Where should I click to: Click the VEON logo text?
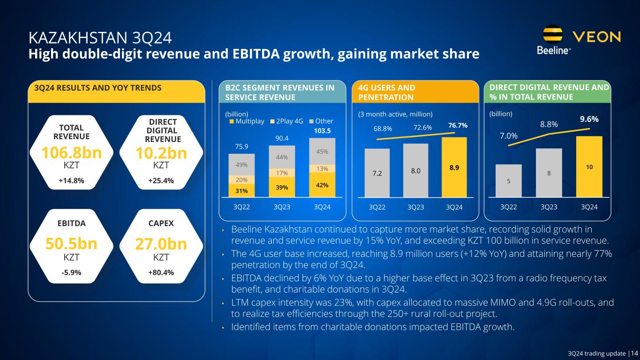597,37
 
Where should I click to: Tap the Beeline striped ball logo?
553,34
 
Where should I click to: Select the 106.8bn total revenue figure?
71,153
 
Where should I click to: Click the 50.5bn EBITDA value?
71,244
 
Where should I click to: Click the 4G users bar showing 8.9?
454,167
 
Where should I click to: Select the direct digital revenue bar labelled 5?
508,181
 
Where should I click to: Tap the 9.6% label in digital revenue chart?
589,119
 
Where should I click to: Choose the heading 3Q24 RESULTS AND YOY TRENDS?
95,88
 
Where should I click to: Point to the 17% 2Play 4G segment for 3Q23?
282,172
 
